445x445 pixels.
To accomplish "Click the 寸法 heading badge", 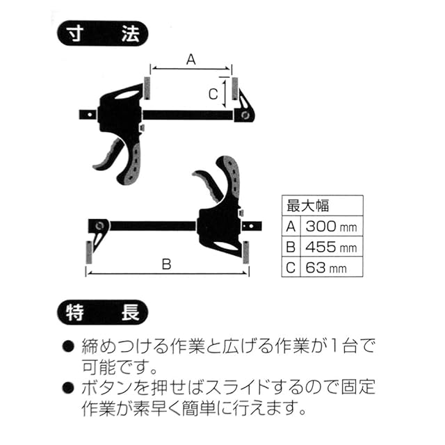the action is pos(103,33).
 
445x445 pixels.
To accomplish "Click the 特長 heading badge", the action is pos(103,312).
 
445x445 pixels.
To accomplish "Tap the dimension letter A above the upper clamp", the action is pos(191,60).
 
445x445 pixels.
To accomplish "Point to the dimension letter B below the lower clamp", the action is pos(167,264).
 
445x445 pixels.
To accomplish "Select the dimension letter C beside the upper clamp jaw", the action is pos(213,95).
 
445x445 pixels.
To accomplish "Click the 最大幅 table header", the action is pos(307,206).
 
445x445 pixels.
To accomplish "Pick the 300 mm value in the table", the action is pos(331,227).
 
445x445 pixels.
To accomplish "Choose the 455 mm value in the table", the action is pos(331,247).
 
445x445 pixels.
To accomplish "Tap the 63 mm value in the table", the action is pos(326,268).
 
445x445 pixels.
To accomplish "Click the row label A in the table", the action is pos(291,227).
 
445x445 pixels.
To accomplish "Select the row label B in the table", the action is pos(291,247).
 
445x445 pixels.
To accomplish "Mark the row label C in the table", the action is pos(291,268).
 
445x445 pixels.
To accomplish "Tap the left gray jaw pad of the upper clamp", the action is pos(147,88).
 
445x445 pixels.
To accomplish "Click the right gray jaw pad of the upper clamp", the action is pos(235,88).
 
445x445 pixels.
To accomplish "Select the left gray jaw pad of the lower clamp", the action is pos(89,252).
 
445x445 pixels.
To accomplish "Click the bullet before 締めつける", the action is pos(68,346).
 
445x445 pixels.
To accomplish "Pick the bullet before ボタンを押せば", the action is pos(68,387).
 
